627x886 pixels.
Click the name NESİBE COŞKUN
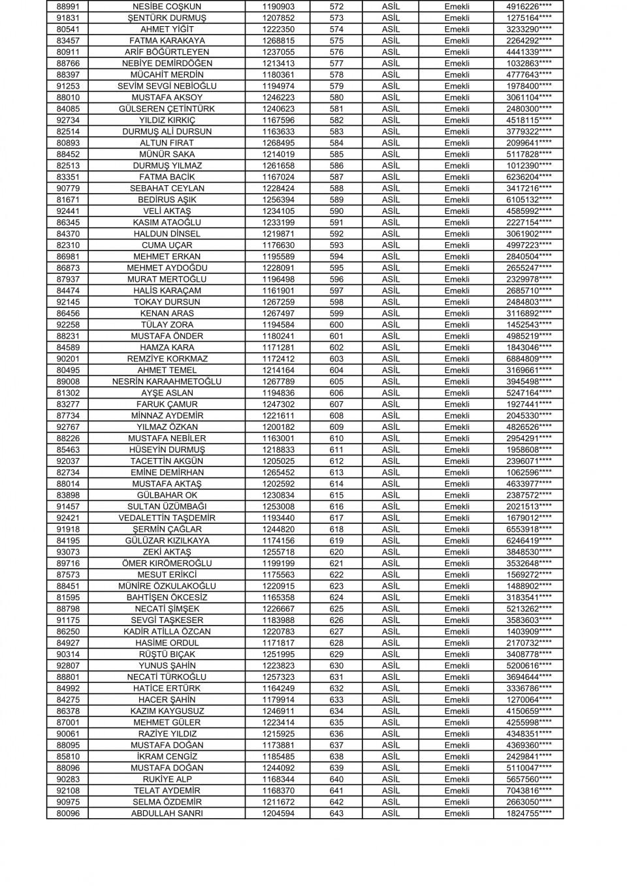point(167,7)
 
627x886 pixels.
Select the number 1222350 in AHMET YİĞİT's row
point(278,29)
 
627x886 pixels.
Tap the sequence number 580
point(336,97)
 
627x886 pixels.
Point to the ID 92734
point(68,120)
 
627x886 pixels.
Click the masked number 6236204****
point(528,177)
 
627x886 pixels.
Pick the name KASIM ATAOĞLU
point(167,222)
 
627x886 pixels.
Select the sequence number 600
point(336,325)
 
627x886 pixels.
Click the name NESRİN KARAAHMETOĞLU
point(167,382)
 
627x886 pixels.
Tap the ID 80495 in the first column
point(68,370)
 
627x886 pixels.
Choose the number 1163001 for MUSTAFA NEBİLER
point(278,438)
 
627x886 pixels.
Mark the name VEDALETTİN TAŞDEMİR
point(167,518)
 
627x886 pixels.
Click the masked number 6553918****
point(528,529)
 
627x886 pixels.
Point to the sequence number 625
point(336,609)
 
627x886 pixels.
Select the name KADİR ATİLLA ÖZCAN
point(167,632)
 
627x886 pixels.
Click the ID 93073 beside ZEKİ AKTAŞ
point(68,552)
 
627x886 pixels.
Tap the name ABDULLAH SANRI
point(167,814)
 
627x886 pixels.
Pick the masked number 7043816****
point(528,791)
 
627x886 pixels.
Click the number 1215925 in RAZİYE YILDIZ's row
point(278,734)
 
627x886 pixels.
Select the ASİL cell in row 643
point(391,814)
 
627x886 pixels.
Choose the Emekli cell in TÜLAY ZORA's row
point(457,325)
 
